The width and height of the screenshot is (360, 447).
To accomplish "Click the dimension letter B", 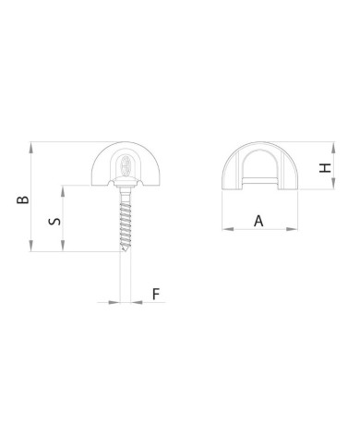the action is pos(23,199).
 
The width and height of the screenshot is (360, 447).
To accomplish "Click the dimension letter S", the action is pos(54,221).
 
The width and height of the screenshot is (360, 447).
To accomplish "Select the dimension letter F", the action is pos(156,294).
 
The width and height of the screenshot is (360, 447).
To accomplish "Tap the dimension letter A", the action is pos(258,221).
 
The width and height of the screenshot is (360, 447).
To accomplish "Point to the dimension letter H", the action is pos(325,168).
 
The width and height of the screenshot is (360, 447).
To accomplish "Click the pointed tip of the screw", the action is pos(125,251).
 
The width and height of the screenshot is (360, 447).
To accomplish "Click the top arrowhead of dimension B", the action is pos(30,148).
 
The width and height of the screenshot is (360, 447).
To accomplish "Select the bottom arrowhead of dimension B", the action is pos(30,246).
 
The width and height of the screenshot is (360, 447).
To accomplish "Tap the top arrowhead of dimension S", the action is pos(63,191).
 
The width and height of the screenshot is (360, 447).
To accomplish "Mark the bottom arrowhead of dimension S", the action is pos(63,246).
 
